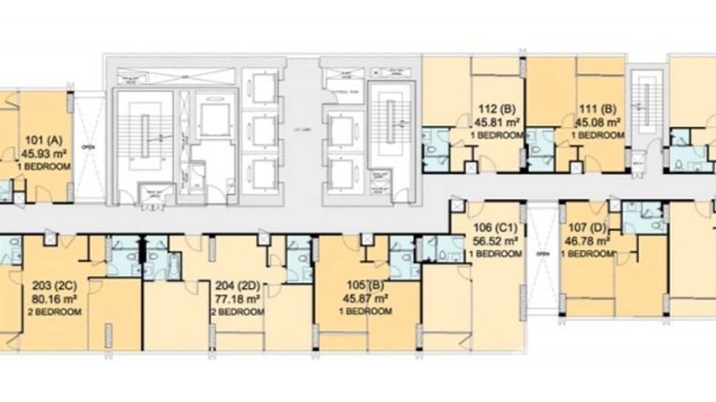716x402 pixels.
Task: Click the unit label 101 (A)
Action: pos(44,141)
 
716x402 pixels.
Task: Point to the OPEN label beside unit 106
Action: pos(543,254)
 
